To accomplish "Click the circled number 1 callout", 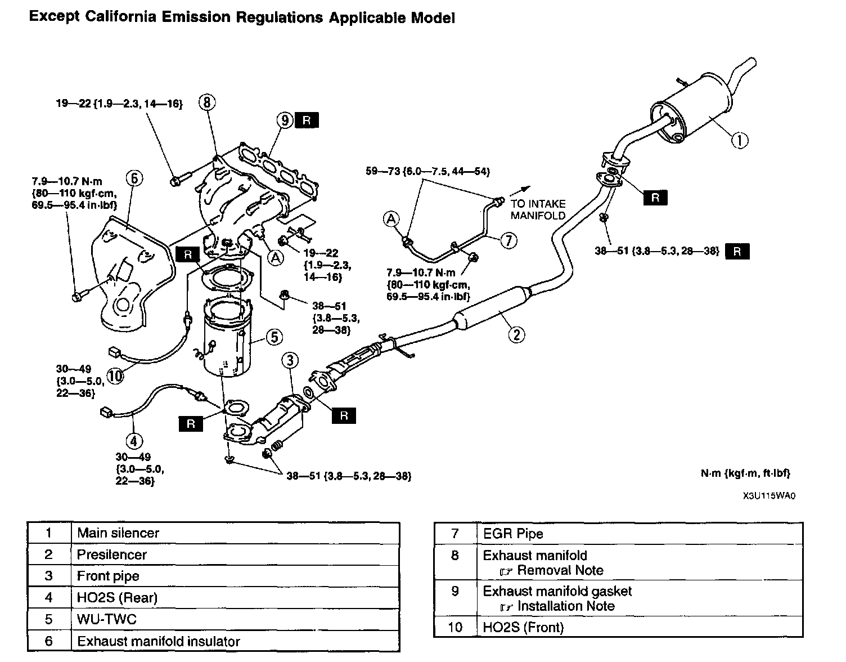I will (x=740, y=140).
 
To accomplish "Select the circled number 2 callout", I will (x=516, y=335).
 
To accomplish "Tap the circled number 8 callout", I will (x=207, y=102).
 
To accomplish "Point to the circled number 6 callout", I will (x=134, y=178).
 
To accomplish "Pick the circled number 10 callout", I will (x=115, y=375).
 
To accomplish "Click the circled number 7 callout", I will (x=508, y=240).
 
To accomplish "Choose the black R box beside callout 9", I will (x=307, y=120).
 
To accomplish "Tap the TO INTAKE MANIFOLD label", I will (x=538, y=209).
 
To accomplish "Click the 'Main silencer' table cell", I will (x=118, y=533).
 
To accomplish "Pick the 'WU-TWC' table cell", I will (x=107, y=619).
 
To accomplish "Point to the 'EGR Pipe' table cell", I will (x=513, y=534).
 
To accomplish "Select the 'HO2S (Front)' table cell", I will (x=523, y=627).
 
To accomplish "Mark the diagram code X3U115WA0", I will (x=768, y=496).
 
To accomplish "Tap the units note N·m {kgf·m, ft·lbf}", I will (x=745, y=473).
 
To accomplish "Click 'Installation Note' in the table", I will (x=565, y=606).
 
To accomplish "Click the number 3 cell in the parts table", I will (x=49, y=576).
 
